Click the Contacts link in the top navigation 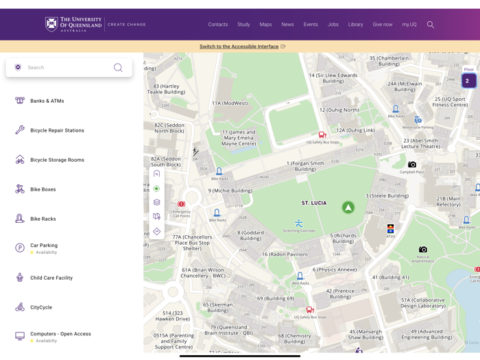pos(217,25)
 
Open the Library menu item pos(355,25)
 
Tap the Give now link pos(383,25)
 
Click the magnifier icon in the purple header pos(431,25)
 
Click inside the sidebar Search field pos(69,68)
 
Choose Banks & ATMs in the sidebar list pos(47,101)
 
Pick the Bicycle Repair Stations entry pos(57,130)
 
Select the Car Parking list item pos(44,245)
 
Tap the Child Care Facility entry pos(51,278)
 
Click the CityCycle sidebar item pos(41,307)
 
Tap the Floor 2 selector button pos(468,80)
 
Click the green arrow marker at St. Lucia pos(348,207)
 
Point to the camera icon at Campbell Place pos(412,165)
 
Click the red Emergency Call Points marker pos(181,204)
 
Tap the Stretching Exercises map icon pos(299,223)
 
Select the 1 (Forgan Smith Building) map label pos(305,166)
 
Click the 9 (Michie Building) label pos(230,191)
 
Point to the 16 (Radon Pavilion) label pos(286,254)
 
